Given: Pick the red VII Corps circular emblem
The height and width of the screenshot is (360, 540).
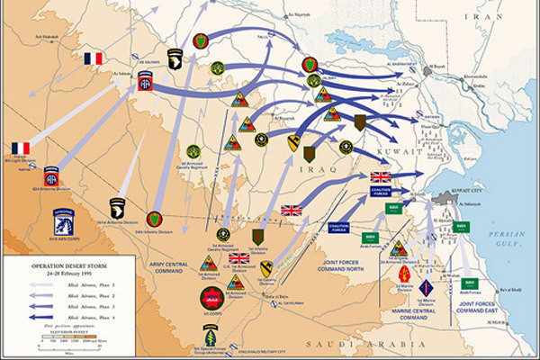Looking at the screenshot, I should tap(211, 299).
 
